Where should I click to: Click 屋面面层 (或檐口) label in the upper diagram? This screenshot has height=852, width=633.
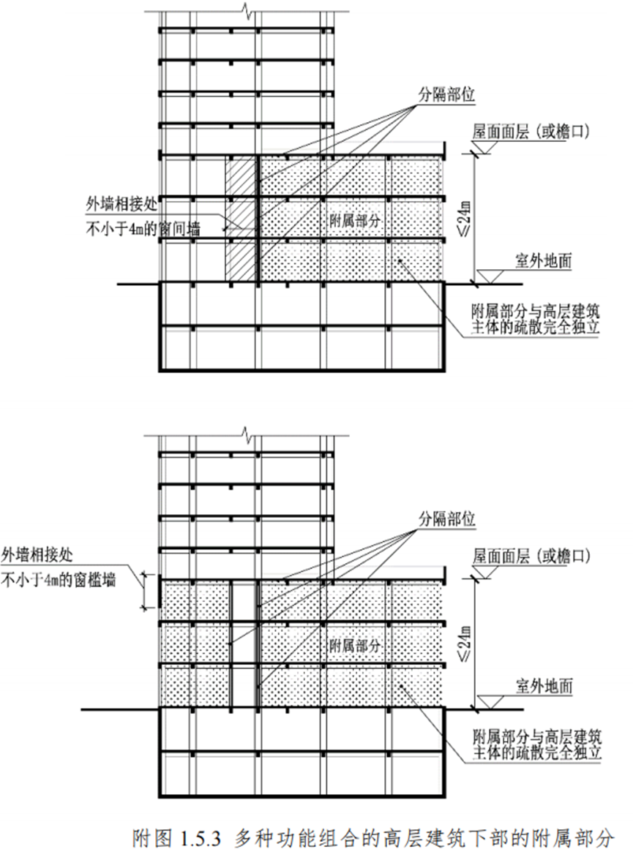(531, 131)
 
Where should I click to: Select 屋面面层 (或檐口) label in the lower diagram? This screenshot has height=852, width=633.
(531, 555)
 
